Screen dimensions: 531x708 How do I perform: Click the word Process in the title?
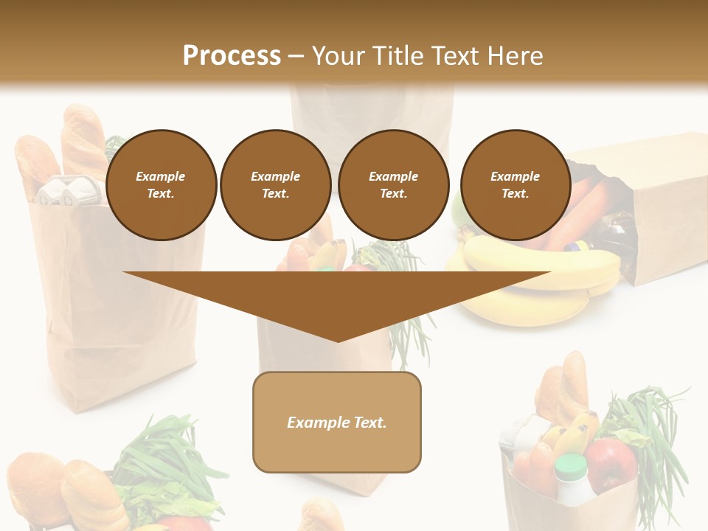coord(232,56)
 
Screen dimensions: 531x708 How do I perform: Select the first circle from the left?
coord(162,185)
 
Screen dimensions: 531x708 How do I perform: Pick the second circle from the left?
coord(276,185)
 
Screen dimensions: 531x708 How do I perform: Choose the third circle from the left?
coord(394,185)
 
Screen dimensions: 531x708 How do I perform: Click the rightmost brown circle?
coord(516,185)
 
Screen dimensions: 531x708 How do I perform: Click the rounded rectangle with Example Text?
coord(337,422)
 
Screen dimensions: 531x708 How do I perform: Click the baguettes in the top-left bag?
coord(66,147)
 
